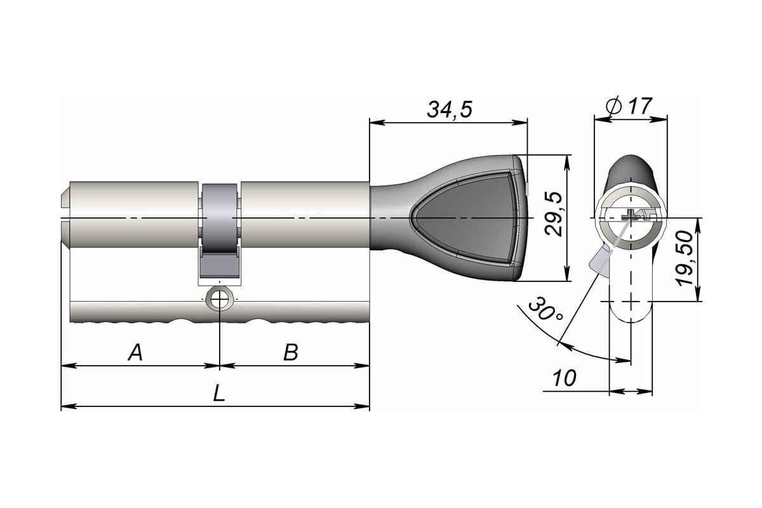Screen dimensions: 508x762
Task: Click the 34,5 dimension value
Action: pos(449,109)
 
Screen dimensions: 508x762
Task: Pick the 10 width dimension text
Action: pos(564,378)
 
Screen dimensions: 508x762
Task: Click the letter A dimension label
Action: pos(135,352)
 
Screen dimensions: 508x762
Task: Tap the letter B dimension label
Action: pos(290,352)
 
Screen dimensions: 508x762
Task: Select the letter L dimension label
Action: pos(218,394)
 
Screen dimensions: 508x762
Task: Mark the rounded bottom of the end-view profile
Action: pos(631,314)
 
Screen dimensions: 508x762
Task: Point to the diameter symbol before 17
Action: pos(613,106)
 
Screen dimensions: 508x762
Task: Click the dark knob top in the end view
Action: pos(630,168)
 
